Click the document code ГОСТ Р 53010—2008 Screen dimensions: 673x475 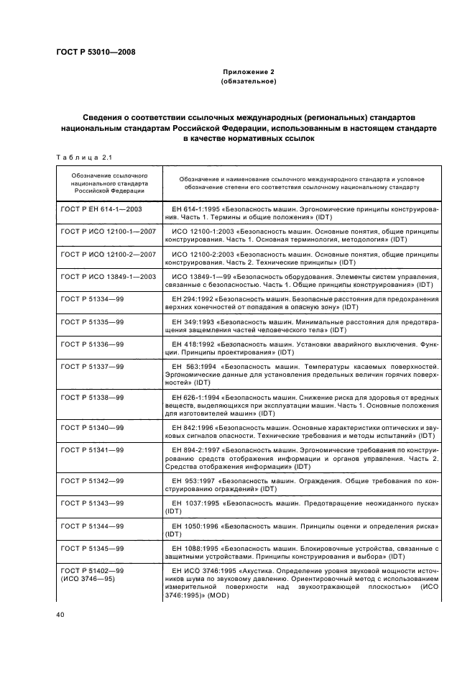(95, 52)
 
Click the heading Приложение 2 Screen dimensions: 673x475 (238, 72)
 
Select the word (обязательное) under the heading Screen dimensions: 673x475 (238, 82)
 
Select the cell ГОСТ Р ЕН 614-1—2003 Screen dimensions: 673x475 (101, 209)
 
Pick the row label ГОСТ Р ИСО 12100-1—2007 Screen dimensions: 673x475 (109, 232)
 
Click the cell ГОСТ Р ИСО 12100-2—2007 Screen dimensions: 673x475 (109, 255)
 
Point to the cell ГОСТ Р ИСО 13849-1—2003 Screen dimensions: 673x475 (109, 277)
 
